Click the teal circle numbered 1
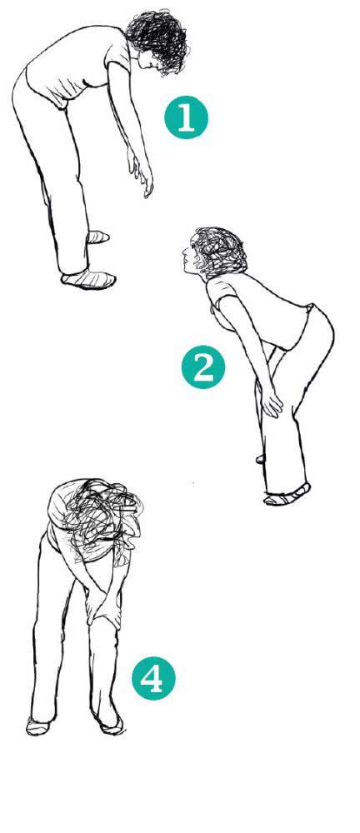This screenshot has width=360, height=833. (x=186, y=117)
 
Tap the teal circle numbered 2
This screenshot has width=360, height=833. (x=203, y=367)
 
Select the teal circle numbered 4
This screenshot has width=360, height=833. (x=153, y=678)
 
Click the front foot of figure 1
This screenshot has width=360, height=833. (x=88, y=279)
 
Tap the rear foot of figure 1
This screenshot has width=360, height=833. (x=97, y=237)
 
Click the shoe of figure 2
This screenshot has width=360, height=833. (x=287, y=496)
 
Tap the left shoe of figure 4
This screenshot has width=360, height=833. (x=39, y=726)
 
